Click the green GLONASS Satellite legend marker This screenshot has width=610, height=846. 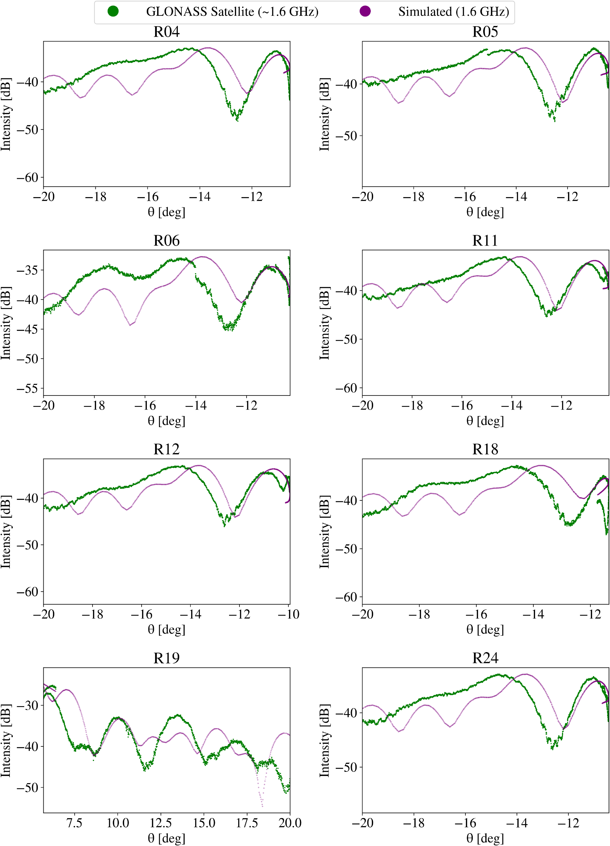click(113, 12)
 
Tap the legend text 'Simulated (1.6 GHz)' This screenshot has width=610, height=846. click(453, 12)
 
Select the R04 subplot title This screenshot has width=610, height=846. click(166, 32)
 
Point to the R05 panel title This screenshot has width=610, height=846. click(485, 32)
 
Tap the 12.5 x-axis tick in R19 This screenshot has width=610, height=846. click(161, 823)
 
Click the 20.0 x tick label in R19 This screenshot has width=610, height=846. click(290, 823)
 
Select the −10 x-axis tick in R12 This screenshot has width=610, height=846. click(289, 614)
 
